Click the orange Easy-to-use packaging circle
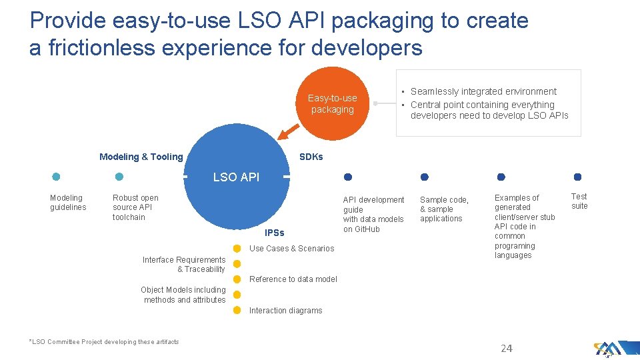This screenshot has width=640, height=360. [332, 103]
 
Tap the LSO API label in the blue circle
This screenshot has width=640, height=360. [236, 177]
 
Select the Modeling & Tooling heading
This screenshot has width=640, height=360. [141, 157]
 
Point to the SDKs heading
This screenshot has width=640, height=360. [311, 157]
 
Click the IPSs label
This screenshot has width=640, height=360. [274, 233]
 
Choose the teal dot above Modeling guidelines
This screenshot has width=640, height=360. [56, 177]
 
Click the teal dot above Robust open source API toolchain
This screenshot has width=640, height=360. [119, 177]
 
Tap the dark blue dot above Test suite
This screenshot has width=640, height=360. [577, 177]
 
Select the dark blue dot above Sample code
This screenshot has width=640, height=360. [424, 177]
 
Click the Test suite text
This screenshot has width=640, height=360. [579, 201]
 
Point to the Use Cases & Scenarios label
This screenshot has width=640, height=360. [291, 249]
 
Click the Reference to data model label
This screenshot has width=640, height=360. [293, 279]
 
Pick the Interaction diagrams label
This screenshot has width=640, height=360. [285, 311]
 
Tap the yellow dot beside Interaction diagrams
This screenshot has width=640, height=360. [237, 310]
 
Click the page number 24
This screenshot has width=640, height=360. [507, 348]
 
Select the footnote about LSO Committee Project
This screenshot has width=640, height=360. [104, 342]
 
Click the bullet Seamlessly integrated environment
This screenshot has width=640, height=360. [483, 91]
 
